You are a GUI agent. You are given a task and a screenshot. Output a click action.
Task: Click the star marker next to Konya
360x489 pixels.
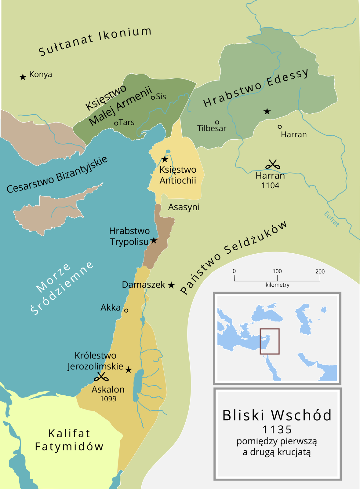23,77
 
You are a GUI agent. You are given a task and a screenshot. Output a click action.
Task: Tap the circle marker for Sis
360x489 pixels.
153,98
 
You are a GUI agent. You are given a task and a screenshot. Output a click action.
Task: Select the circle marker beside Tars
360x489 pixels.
116,123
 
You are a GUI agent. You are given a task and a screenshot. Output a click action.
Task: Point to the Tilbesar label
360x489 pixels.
212,128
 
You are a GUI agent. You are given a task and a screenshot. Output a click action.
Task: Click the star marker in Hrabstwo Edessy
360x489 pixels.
267,112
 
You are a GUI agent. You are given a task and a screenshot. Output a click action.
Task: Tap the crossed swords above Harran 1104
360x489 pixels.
273,165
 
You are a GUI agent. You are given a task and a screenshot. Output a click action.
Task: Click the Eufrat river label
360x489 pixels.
332,219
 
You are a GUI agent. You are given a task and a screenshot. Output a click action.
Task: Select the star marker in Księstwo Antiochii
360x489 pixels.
165,159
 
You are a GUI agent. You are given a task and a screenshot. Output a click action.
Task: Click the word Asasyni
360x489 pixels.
184,207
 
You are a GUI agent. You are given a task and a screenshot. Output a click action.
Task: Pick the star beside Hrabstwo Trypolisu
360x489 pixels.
154,241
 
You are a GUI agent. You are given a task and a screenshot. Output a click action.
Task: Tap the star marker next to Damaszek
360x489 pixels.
171,285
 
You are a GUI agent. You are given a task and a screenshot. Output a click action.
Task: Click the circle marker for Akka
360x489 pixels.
126,310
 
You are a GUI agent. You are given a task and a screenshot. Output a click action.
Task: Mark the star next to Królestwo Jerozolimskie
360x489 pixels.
129,370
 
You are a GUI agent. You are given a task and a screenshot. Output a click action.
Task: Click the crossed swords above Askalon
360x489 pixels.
101,377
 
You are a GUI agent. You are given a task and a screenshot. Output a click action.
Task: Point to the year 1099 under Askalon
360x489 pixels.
108,399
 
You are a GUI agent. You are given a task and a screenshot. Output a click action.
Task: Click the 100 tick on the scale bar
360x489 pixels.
277,278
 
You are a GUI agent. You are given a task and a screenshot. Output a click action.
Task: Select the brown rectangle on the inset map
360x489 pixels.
269,341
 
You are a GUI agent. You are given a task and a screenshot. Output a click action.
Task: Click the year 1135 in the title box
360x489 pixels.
277,430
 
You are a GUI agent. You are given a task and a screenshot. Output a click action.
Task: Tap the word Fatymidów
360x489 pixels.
69,447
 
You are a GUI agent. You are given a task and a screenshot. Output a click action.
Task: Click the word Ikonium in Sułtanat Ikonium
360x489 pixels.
125,35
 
